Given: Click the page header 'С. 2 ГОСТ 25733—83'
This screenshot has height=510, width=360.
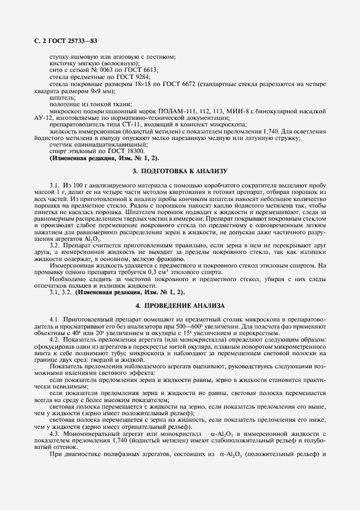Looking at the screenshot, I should pos(64,40).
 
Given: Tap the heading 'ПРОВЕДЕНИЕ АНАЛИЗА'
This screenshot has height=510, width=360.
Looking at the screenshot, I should pos(186,306).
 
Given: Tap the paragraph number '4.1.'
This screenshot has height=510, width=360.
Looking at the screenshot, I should pos(55,318).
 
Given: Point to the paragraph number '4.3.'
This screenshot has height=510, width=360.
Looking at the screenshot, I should pos(55,432).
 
